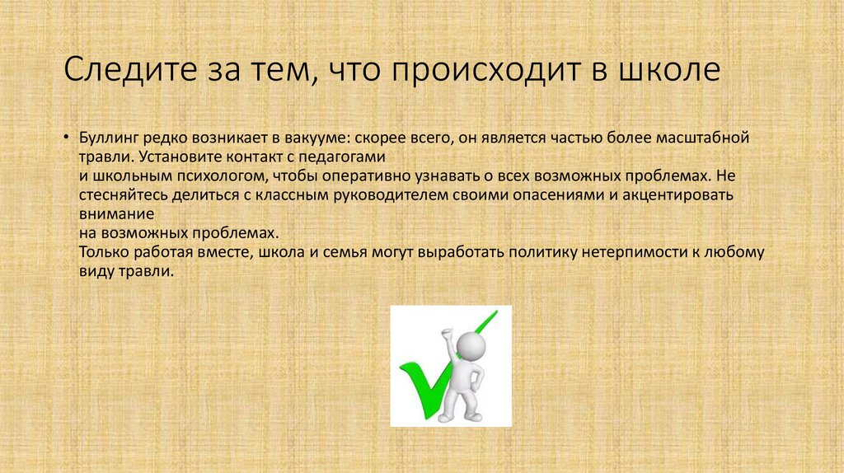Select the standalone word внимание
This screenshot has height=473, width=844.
coord(108,214)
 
